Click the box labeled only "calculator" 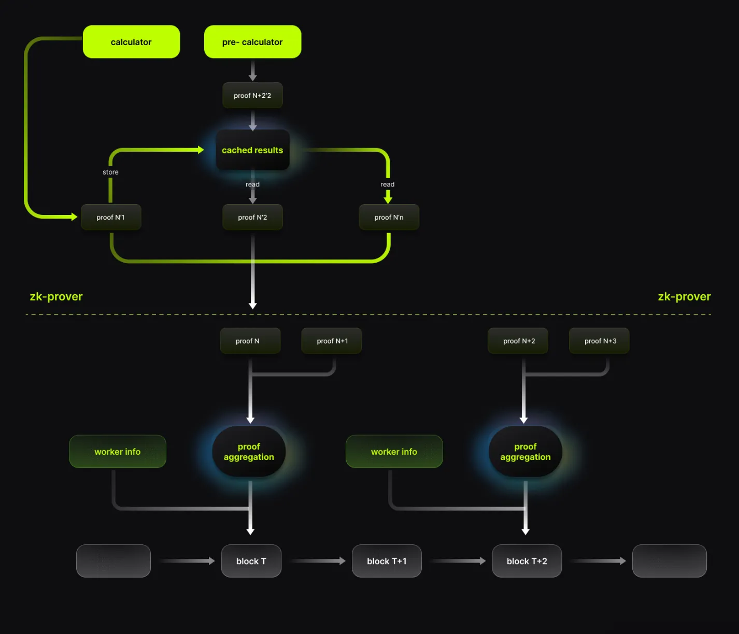click(x=131, y=42)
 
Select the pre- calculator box click(x=252, y=42)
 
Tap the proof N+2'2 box click(x=252, y=96)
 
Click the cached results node click(x=252, y=150)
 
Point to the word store click(x=110, y=172)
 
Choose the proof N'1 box click(x=110, y=218)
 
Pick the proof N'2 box click(x=252, y=218)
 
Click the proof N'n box click(x=389, y=218)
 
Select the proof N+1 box click(x=332, y=341)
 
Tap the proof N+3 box click(x=600, y=341)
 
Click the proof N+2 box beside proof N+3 click(x=518, y=341)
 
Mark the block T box click(x=251, y=561)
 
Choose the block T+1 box click(x=387, y=561)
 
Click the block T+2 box click(x=527, y=561)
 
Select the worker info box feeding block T click(x=118, y=452)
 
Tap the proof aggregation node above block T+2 click(x=525, y=452)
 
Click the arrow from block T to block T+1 click(x=317, y=561)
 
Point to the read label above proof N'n click(x=388, y=184)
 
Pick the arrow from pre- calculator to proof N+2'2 click(x=252, y=70)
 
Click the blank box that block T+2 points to click(x=669, y=561)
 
